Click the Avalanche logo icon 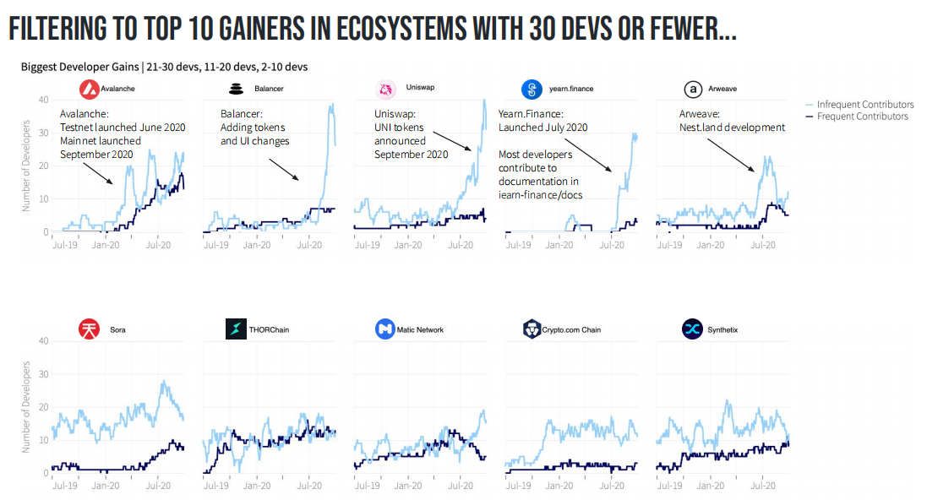point(89,89)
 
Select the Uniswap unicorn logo point(385,89)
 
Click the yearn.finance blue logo point(532,89)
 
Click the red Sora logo point(89,329)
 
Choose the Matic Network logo point(385,329)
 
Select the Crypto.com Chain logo point(532,329)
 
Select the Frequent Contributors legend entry point(862,117)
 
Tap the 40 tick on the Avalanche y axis point(43,100)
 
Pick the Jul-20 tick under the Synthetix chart point(763,486)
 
